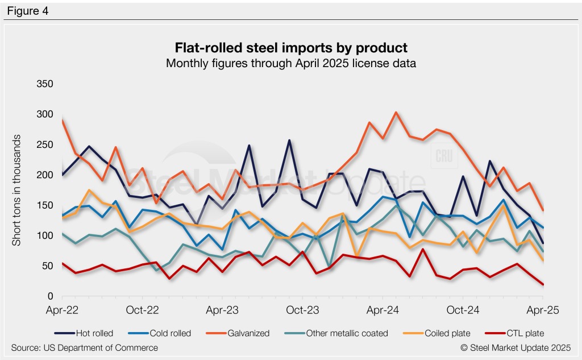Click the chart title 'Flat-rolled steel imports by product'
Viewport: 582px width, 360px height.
[290, 47]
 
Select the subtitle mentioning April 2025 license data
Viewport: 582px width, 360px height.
[290, 63]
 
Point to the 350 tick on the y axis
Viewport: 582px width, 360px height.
[44, 84]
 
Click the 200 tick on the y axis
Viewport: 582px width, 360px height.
[44, 175]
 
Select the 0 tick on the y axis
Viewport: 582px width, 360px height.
[50, 296]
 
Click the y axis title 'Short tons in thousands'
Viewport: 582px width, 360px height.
[17, 191]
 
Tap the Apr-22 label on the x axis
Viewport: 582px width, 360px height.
[61, 311]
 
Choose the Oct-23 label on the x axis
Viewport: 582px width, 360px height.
[302, 311]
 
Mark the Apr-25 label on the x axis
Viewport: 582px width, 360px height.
[543, 311]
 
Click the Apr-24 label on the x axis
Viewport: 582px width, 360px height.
[382, 311]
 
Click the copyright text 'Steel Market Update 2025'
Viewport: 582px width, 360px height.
[511, 347]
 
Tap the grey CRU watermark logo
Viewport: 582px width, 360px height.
[442, 156]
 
